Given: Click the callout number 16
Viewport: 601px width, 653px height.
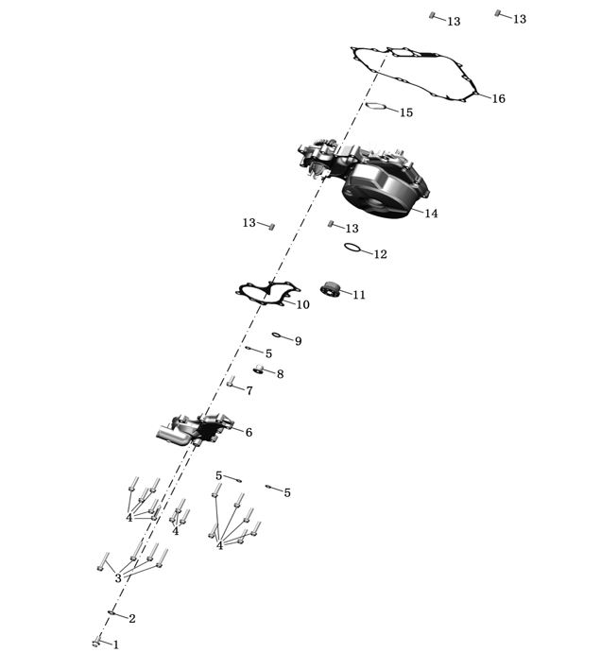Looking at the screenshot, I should pyautogui.click(x=498, y=99).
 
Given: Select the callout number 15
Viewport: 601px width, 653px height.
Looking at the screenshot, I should pyautogui.click(x=405, y=112).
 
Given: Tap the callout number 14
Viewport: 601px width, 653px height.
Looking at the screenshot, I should pyautogui.click(x=431, y=214).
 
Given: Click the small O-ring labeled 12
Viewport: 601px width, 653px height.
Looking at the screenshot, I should pyautogui.click(x=352, y=249).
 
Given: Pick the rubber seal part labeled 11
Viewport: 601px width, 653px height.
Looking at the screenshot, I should pyautogui.click(x=331, y=287).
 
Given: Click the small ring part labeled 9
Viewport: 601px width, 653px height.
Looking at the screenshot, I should pyautogui.click(x=276, y=335).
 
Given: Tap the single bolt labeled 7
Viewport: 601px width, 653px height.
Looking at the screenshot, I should pyautogui.click(x=231, y=382).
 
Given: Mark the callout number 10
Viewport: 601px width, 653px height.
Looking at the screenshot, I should pyautogui.click(x=302, y=305).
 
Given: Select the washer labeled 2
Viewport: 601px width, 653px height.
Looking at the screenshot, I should pyautogui.click(x=112, y=613).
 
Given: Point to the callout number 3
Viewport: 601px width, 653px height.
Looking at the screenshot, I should pyautogui.click(x=117, y=578).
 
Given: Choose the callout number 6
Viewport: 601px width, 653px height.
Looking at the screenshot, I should pyautogui.click(x=249, y=433).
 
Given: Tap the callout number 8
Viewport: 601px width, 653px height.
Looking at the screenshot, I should pyautogui.click(x=280, y=375).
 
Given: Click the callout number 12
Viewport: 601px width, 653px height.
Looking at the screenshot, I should pyautogui.click(x=380, y=254).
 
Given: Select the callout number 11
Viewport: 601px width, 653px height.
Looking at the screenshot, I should pyautogui.click(x=359, y=295).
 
